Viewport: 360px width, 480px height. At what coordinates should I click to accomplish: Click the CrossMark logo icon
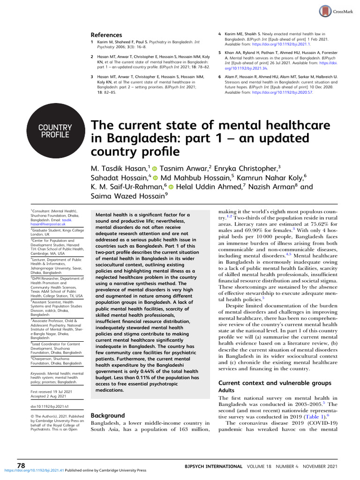324,11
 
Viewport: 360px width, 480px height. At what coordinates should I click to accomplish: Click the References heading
106,35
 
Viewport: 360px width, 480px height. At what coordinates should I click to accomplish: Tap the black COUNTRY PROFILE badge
55,131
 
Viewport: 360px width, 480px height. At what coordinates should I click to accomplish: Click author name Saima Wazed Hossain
126,197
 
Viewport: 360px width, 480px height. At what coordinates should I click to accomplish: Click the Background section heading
107,415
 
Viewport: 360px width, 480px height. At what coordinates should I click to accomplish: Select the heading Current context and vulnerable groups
275,382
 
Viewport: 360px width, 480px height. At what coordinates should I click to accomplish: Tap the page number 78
21,465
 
